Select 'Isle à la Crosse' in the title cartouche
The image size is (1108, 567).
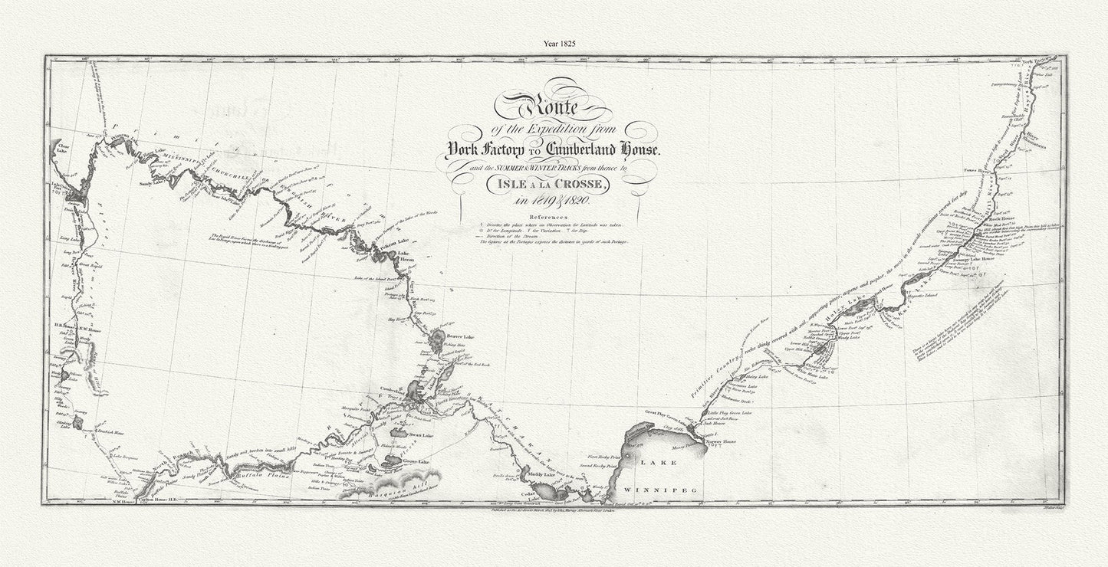[547, 184]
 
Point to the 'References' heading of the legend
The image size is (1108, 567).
[546, 217]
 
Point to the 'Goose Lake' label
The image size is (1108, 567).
[416, 462]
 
